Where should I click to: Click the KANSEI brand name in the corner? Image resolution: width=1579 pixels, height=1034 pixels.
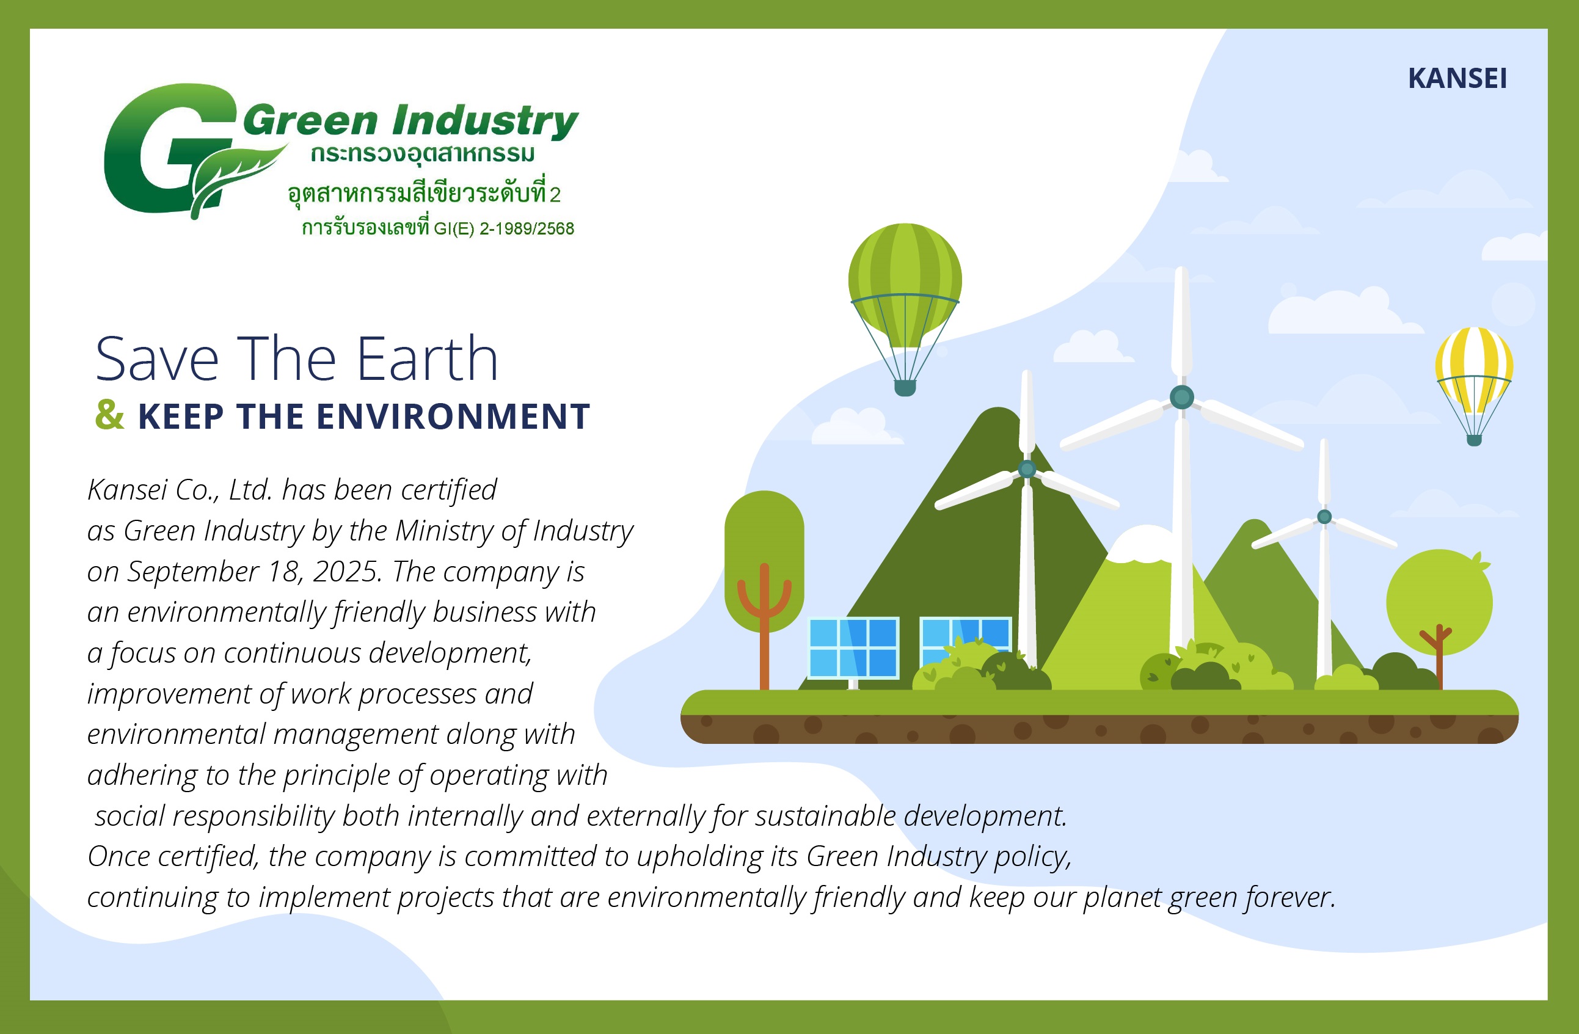[1457, 78]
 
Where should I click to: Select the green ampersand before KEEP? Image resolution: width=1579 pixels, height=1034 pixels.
[109, 415]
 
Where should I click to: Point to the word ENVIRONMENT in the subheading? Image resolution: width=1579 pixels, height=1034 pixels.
[453, 417]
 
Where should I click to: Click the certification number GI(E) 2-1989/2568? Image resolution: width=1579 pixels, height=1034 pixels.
[504, 229]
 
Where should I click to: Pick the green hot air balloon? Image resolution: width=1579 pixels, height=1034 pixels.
[905, 309]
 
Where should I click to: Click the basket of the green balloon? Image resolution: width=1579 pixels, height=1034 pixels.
[905, 388]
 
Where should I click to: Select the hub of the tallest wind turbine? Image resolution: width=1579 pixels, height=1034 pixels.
[1181, 397]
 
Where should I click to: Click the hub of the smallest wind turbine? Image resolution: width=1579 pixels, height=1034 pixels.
[1324, 517]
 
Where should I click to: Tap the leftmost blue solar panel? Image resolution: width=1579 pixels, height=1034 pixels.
[853, 648]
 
